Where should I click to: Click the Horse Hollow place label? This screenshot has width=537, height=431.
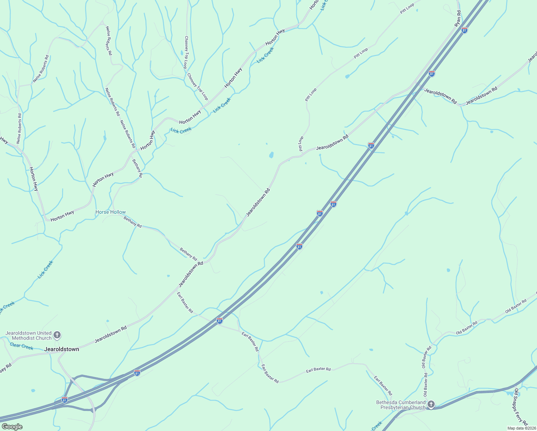(111, 212)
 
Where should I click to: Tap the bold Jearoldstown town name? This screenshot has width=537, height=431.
(61, 349)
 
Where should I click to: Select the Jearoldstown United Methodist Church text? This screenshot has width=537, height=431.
(29, 335)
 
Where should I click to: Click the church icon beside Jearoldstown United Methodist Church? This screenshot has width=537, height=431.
(57, 335)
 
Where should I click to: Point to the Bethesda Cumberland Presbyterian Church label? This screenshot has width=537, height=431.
(401, 405)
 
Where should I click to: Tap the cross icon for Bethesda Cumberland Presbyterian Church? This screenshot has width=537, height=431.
(431, 404)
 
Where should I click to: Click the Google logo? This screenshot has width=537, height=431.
(12, 427)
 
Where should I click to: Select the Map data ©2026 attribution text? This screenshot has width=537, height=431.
(521, 428)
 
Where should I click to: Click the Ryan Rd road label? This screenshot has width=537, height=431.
(458, 18)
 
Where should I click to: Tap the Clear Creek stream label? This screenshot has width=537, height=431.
(22, 346)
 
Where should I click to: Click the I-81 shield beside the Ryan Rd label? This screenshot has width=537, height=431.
(464, 31)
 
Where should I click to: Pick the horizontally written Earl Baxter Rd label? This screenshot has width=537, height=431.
(318, 369)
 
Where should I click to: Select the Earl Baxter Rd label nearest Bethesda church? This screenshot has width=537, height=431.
(383, 386)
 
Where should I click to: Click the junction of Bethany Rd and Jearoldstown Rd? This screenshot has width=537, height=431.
(204, 259)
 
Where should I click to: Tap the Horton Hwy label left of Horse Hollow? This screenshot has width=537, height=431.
(62, 216)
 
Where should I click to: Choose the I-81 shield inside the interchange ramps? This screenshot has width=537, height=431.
(64, 399)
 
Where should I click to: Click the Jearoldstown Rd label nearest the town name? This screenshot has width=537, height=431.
(111, 334)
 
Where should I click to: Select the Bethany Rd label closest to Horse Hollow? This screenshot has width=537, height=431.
(132, 222)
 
